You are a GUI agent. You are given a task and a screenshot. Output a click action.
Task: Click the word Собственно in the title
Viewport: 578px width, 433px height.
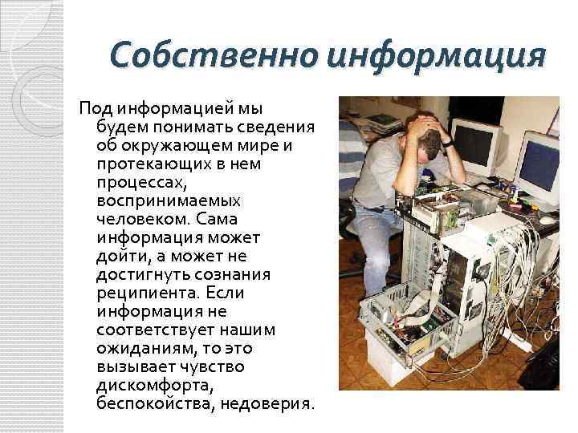coord(214,55)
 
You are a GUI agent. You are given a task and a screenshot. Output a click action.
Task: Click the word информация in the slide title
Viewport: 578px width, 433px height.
coord(436,58)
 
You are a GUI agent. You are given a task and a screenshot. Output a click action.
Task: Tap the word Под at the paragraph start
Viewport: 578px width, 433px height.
coord(96,109)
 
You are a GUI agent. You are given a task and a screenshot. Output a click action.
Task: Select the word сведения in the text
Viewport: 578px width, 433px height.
coord(275,127)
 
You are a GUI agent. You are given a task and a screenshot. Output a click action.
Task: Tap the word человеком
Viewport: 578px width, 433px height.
coord(143,220)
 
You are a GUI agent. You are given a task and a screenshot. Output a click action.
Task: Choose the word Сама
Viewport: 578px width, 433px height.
coord(217,220)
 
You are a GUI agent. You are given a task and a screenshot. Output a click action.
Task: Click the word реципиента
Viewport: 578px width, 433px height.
coord(148,293)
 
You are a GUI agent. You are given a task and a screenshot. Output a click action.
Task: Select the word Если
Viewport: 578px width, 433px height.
coord(225,293)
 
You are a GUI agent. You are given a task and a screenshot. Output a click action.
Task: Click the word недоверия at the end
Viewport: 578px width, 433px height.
coord(267,404)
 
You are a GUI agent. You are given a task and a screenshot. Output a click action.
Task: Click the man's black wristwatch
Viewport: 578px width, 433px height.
coord(448,143)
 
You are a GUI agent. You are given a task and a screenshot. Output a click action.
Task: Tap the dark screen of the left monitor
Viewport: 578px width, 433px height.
coord(474,144)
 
